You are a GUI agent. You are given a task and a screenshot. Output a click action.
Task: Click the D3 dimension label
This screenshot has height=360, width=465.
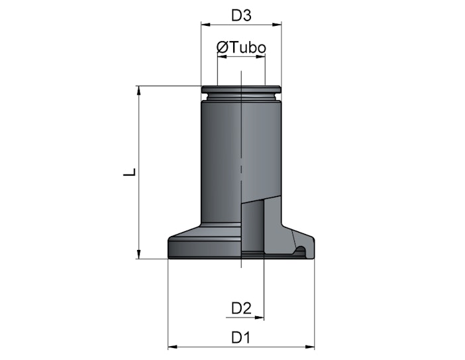pos(241,15)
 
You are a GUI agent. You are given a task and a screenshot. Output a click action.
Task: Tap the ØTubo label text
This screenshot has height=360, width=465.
pos(241,47)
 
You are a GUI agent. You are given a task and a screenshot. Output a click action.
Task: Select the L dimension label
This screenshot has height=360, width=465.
pos(130,172)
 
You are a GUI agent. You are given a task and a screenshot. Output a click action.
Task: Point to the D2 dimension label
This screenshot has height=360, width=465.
pos(241,308)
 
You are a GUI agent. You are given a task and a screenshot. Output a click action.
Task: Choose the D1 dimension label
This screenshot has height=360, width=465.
pos(240,337)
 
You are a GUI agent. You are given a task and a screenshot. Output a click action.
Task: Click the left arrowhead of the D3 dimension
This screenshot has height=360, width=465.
pos(205,25)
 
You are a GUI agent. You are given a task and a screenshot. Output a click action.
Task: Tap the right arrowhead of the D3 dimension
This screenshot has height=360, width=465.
pos(277,25)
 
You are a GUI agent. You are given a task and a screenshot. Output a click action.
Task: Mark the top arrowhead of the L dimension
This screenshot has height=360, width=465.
pos(138,90)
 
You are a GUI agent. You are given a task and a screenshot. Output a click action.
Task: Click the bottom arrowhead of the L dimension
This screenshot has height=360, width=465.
pos(138,255)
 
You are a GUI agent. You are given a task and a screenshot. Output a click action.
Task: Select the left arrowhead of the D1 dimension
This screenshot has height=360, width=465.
pos(173,347)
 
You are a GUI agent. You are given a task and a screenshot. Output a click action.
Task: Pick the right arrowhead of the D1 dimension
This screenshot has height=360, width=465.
pos(310,347)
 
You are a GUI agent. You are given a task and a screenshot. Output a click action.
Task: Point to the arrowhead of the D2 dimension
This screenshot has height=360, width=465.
pos(260,318)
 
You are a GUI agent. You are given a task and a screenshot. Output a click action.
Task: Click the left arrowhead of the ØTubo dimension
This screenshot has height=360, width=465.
pos(222,56)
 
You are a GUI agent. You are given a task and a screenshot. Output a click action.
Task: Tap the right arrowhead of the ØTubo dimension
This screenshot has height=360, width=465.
pos(260,56)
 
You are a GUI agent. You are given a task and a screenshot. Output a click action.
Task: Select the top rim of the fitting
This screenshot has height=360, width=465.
pos(241,89)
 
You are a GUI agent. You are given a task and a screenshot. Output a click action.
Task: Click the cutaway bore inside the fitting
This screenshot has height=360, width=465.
pos(252,226)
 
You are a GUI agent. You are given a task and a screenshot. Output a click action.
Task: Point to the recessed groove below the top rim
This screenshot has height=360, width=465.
pos(241,96)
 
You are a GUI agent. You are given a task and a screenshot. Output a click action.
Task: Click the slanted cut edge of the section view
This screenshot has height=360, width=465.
pos(261,200)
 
